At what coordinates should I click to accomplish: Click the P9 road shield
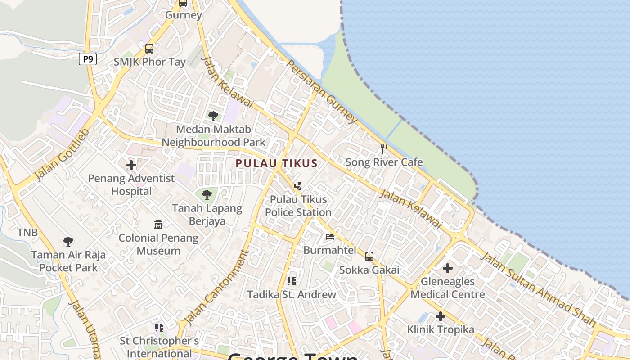88,58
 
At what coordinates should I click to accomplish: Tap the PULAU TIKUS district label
277,163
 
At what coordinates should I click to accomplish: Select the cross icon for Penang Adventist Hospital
131,165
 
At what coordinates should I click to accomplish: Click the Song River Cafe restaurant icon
384,148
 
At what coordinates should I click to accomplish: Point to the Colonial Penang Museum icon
158,224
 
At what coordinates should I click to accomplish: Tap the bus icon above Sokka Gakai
369,256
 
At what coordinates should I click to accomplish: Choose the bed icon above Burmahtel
330,237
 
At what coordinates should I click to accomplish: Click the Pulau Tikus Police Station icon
298,186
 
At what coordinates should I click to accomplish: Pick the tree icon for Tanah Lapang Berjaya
207,195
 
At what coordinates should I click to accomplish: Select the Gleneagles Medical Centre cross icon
447,269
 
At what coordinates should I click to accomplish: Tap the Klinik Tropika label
441,329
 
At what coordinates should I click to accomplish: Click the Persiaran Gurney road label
322,92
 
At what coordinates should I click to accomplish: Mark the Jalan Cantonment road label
217,288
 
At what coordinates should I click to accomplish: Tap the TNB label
27,233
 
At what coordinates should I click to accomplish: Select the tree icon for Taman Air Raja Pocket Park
68,242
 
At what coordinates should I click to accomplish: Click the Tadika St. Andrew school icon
292,281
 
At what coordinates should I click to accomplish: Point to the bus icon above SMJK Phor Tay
149,48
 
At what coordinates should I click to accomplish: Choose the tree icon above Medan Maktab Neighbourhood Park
213,116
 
